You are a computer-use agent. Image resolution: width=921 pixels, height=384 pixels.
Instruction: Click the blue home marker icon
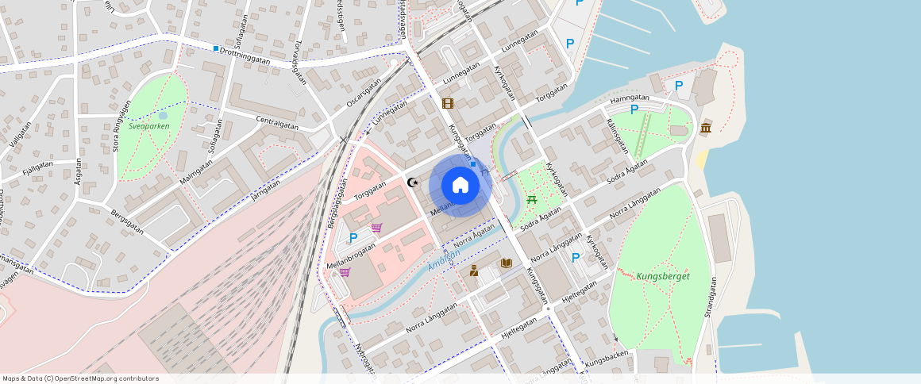click(x=460, y=186)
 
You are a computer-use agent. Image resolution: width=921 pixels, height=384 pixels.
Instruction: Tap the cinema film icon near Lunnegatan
click(x=448, y=103)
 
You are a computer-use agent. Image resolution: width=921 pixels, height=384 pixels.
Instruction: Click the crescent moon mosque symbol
click(x=412, y=182)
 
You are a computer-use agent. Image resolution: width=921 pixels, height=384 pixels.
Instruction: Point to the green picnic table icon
click(x=531, y=199)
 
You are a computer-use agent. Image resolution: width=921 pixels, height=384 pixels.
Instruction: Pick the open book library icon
click(x=506, y=263)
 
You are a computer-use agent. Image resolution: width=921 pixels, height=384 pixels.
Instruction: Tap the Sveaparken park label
click(x=149, y=126)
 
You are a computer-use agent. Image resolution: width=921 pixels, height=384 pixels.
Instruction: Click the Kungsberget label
click(x=662, y=276)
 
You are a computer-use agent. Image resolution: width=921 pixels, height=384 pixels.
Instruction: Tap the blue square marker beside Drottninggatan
click(x=215, y=48)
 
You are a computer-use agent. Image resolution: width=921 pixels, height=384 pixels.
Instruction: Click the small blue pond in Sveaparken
click(x=163, y=116)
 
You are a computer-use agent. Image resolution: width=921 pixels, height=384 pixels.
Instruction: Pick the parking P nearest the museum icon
click(x=679, y=86)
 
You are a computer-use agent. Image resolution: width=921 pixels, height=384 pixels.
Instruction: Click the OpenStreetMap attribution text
click(x=80, y=378)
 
